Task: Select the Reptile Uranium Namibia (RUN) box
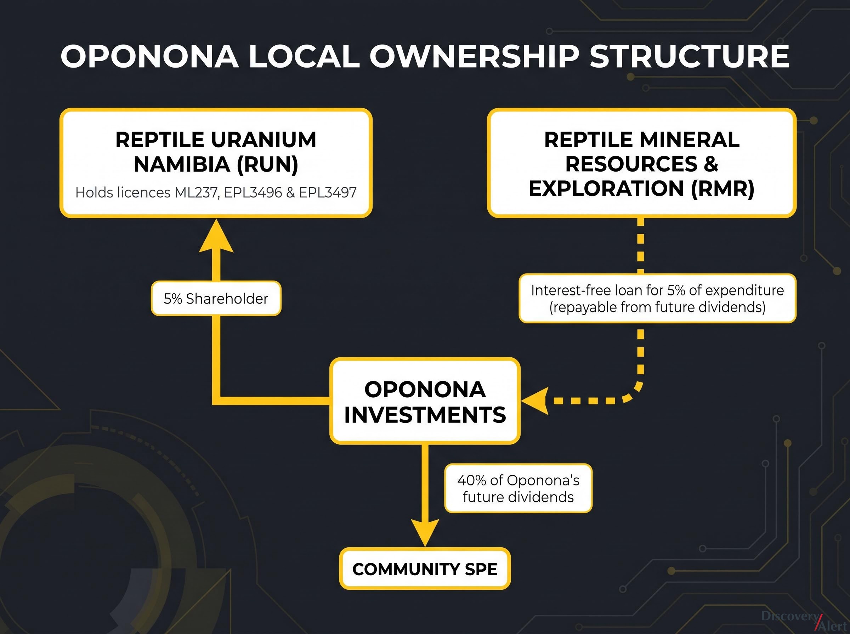[x=216, y=163]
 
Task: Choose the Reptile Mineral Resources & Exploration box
[x=641, y=163]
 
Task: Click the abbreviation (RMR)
[x=722, y=189]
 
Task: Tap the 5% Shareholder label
[x=216, y=299]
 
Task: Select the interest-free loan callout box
[x=657, y=299]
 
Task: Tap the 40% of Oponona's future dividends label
[x=518, y=489]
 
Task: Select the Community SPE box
[x=425, y=569]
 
